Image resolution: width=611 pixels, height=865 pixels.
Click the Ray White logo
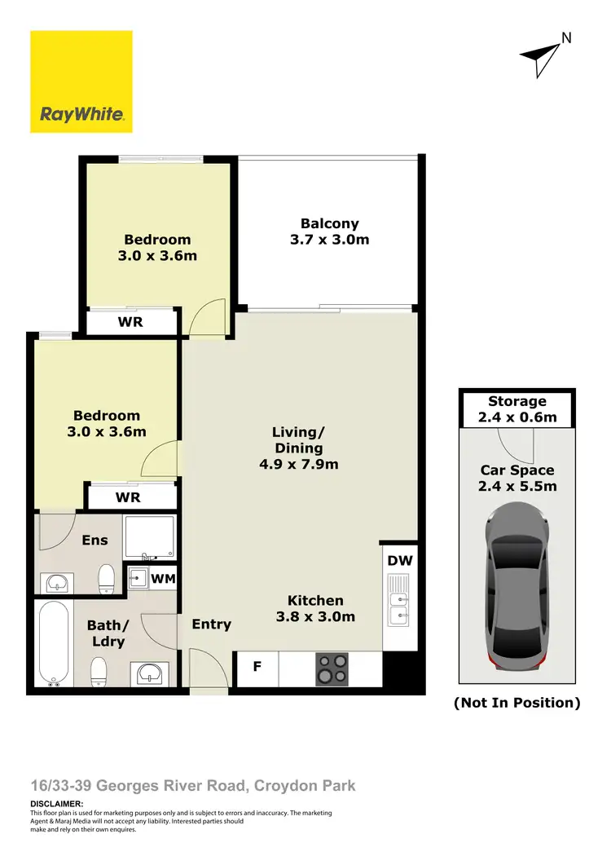click(x=81, y=82)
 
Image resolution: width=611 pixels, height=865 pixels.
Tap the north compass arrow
click(x=540, y=55)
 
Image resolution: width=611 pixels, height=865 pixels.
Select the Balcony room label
click(x=329, y=223)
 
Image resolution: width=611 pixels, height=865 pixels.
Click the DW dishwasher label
click(x=399, y=560)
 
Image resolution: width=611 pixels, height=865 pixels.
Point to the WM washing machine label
click(x=164, y=578)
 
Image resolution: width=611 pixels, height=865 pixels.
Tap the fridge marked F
click(x=257, y=667)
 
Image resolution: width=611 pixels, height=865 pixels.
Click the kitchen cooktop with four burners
click(x=332, y=669)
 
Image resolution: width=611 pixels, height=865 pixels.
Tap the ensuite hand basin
click(x=56, y=583)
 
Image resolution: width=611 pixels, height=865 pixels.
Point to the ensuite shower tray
click(x=148, y=536)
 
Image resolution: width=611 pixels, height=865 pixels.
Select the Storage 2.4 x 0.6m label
click(x=516, y=409)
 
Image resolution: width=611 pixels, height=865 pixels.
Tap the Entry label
click(x=212, y=624)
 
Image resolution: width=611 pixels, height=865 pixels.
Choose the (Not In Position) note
click(x=516, y=702)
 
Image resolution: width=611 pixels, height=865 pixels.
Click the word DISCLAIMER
click(x=56, y=804)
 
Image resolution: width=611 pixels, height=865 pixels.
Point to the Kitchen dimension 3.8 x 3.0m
click(x=315, y=616)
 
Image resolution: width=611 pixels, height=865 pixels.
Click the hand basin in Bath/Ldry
click(x=151, y=673)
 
